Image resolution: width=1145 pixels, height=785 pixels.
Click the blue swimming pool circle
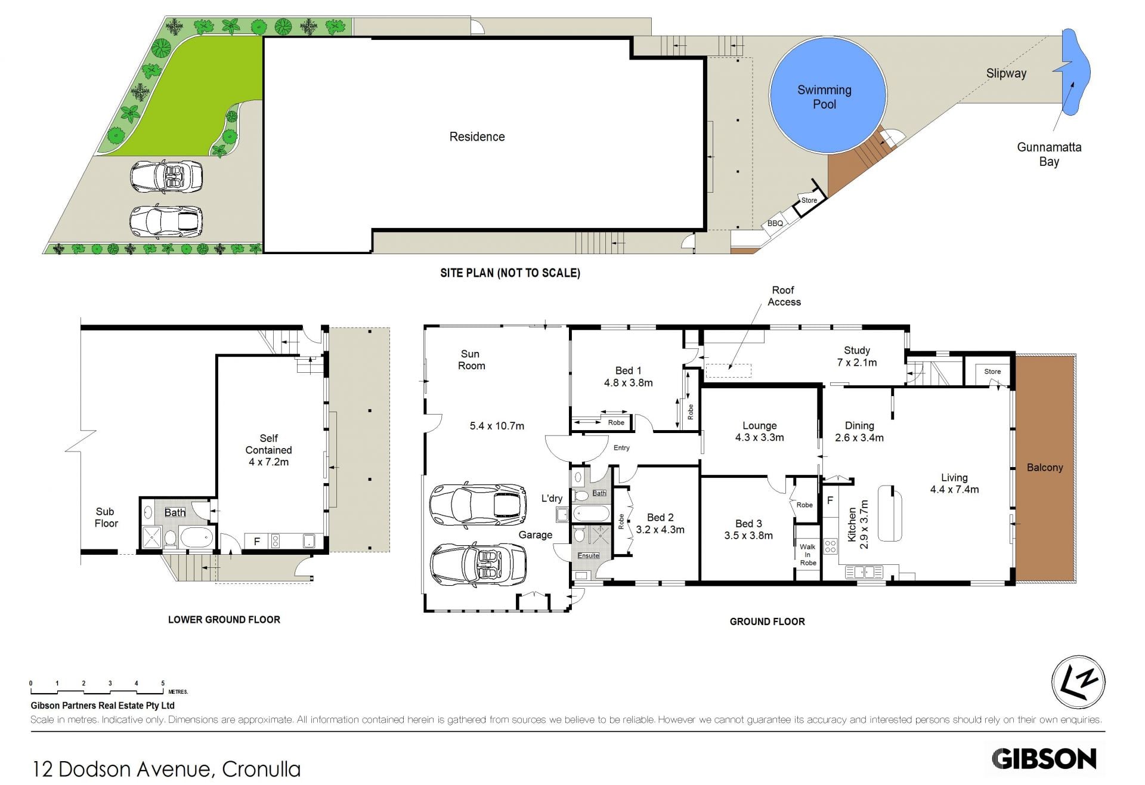[x=828, y=95]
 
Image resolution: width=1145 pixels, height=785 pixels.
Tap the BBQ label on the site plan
[x=775, y=224]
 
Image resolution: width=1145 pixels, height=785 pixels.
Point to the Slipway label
[x=1006, y=73]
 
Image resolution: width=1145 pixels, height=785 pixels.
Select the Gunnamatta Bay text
[x=1049, y=154]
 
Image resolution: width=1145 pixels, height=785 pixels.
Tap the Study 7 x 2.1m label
[x=857, y=356]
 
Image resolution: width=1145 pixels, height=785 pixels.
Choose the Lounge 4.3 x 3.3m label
[x=759, y=431]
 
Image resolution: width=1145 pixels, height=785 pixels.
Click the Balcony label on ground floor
[x=1045, y=468]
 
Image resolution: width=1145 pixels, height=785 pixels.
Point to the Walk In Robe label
[x=808, y=555]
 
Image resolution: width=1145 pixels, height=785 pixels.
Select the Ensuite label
[x=589, y=555]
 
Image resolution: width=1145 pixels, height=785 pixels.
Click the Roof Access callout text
[x=784, y=296]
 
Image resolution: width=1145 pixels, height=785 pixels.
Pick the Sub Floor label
[x=106, y=517]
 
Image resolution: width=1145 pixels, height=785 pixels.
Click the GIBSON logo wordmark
[x=1044, y=759]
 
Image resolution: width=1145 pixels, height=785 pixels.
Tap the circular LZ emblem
[x=1078, y=682]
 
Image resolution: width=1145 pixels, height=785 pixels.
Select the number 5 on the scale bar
[x=163, y=684]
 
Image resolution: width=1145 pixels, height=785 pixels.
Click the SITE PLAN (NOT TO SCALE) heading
[x=510, y=273]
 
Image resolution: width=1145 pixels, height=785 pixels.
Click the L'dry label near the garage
[x=552, y=498]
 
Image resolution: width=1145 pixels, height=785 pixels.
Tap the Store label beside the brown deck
[x=809, y=200]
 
